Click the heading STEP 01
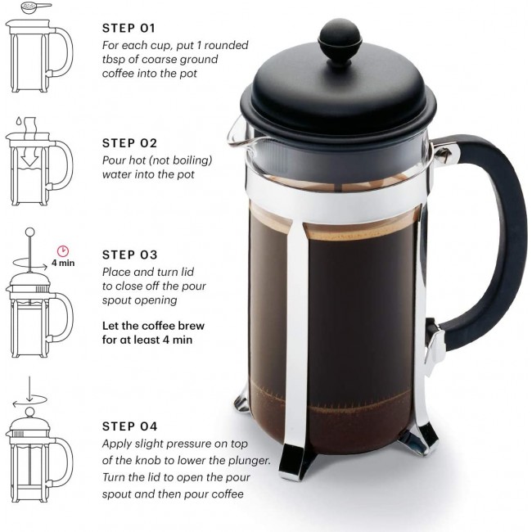[x=129, y=28]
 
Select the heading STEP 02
[x=129, y=143]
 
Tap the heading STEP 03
[x=129, y=255]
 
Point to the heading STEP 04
[x=129, y=426]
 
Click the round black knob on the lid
[x=340, y=40]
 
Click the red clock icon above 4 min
[x=63, y=251]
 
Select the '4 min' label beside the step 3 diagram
[x=63, y=263]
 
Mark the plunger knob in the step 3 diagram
[x=29, y=232]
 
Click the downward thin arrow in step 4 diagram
[x=29, y=390]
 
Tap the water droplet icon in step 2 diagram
[x=19, y=121]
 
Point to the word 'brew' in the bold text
[x=191, y=326]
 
